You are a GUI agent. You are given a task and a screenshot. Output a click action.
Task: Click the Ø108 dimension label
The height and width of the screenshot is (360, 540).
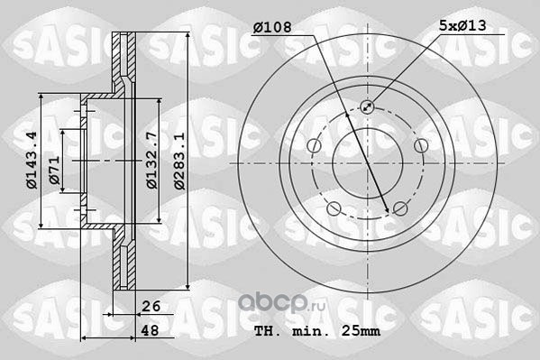coord(272,27)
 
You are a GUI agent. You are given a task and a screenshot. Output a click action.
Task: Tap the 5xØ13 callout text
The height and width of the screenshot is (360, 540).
coord(462,25)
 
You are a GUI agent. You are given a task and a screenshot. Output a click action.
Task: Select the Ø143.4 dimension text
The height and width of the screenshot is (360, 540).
coord(32,160)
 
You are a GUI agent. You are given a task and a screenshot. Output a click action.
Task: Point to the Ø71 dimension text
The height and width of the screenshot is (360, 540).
coord(54,170)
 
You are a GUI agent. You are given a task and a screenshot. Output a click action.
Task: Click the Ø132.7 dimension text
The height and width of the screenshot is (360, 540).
coord(151,160)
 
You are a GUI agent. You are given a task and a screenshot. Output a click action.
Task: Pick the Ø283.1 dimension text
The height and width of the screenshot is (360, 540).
coord(179,161)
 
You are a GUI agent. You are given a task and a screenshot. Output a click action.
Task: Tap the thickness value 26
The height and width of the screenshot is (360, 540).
coord(151,306)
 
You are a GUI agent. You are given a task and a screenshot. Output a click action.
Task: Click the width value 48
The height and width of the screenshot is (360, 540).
coord(151,330)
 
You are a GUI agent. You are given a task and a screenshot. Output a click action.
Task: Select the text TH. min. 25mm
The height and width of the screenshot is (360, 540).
coord(317,331)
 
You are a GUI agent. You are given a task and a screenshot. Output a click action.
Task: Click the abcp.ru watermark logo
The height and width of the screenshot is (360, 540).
coord(281,303)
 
